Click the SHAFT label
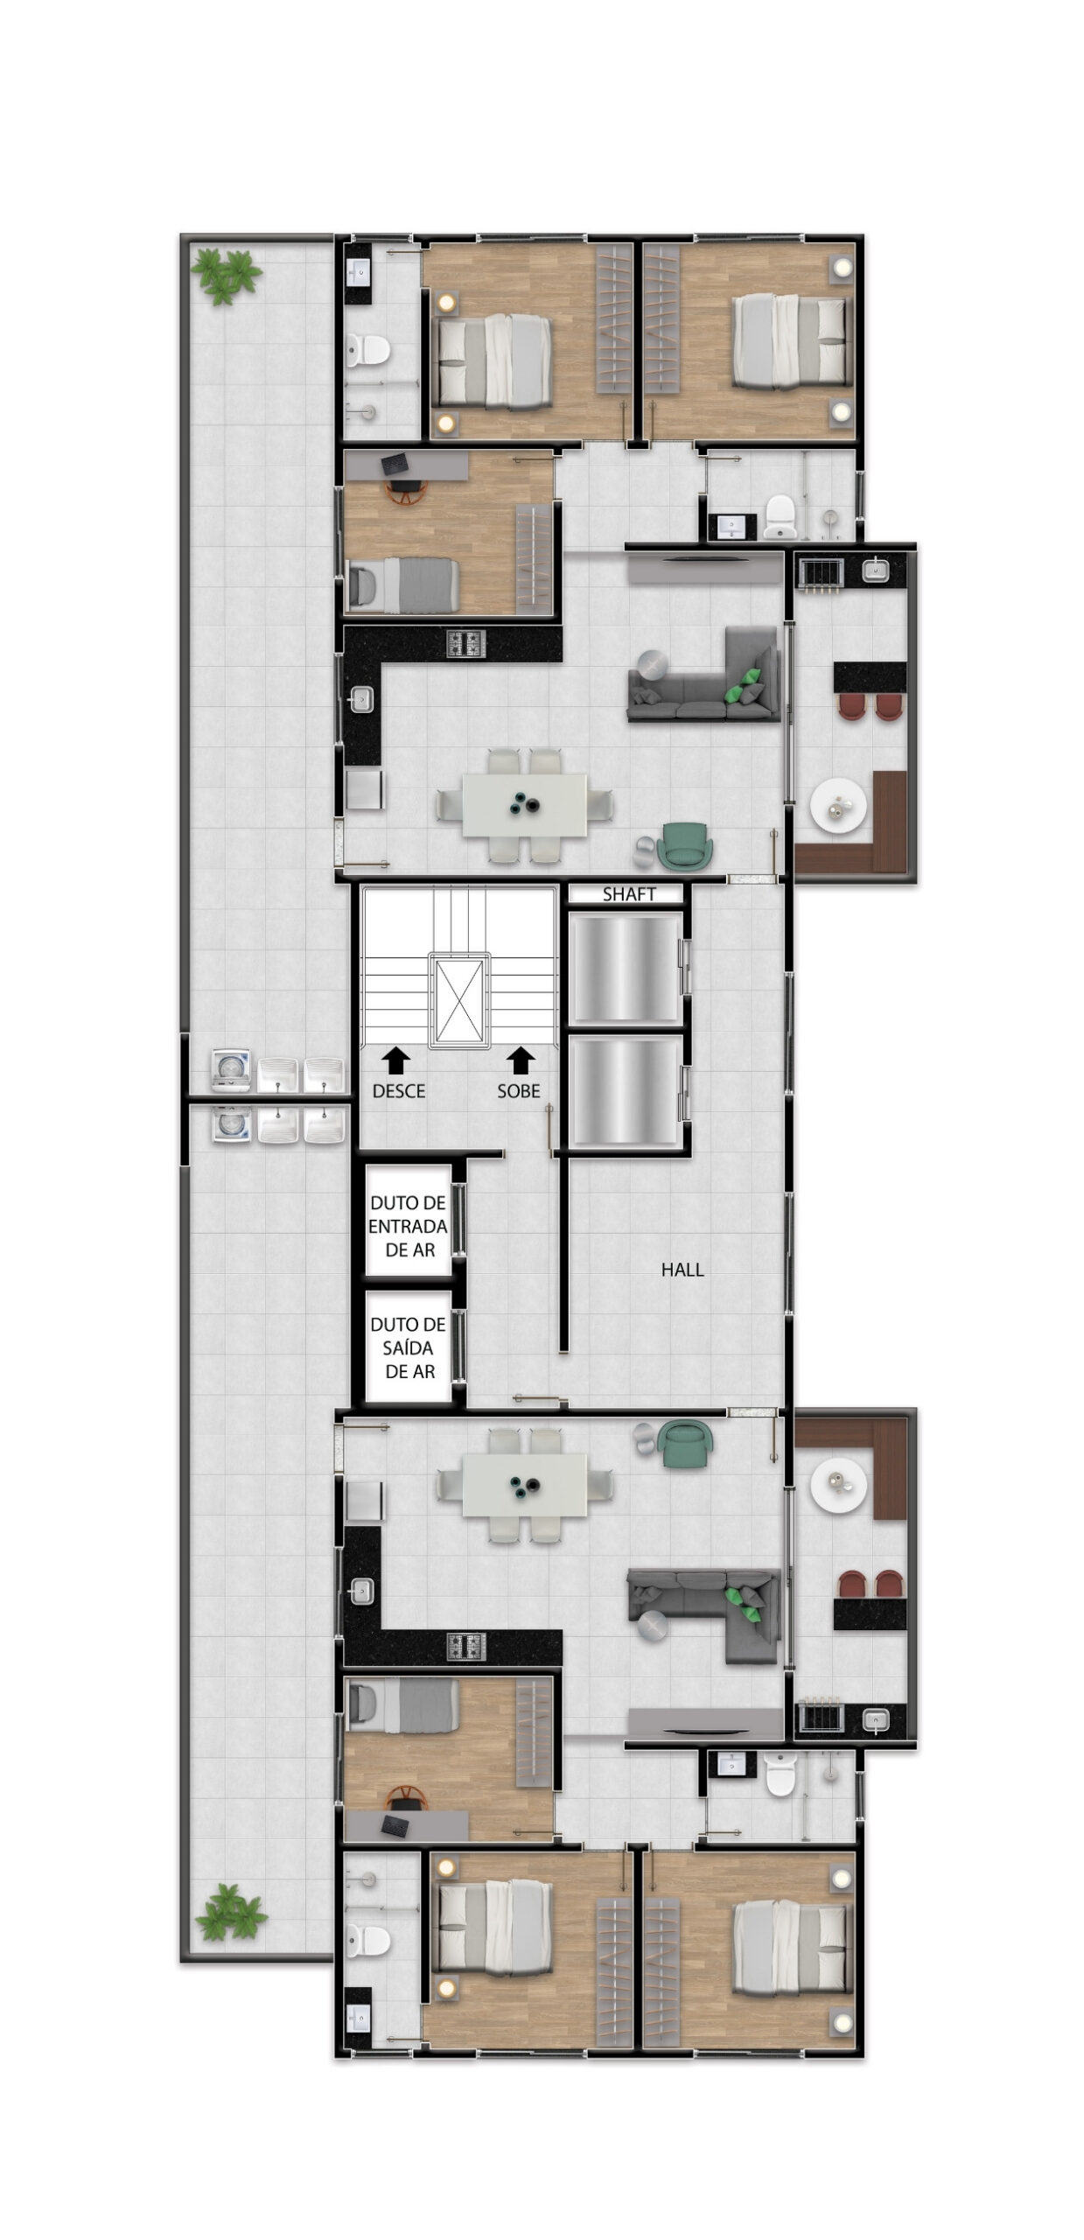pos(628,894)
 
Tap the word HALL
pos(682,1270)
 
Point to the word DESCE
pos(399,1091)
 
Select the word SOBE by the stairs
pos(519,1091)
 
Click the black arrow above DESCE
pos(396,1061)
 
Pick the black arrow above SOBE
pos(521,1061)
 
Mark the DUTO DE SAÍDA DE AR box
pos(408,1347)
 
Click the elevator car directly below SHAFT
pos(625,968)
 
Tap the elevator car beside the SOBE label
pos(625,1091)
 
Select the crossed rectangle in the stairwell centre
pos(459,999)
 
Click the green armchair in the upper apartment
pos(688,846)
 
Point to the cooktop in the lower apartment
pos(466,1647)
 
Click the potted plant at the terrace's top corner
pos(227,276)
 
